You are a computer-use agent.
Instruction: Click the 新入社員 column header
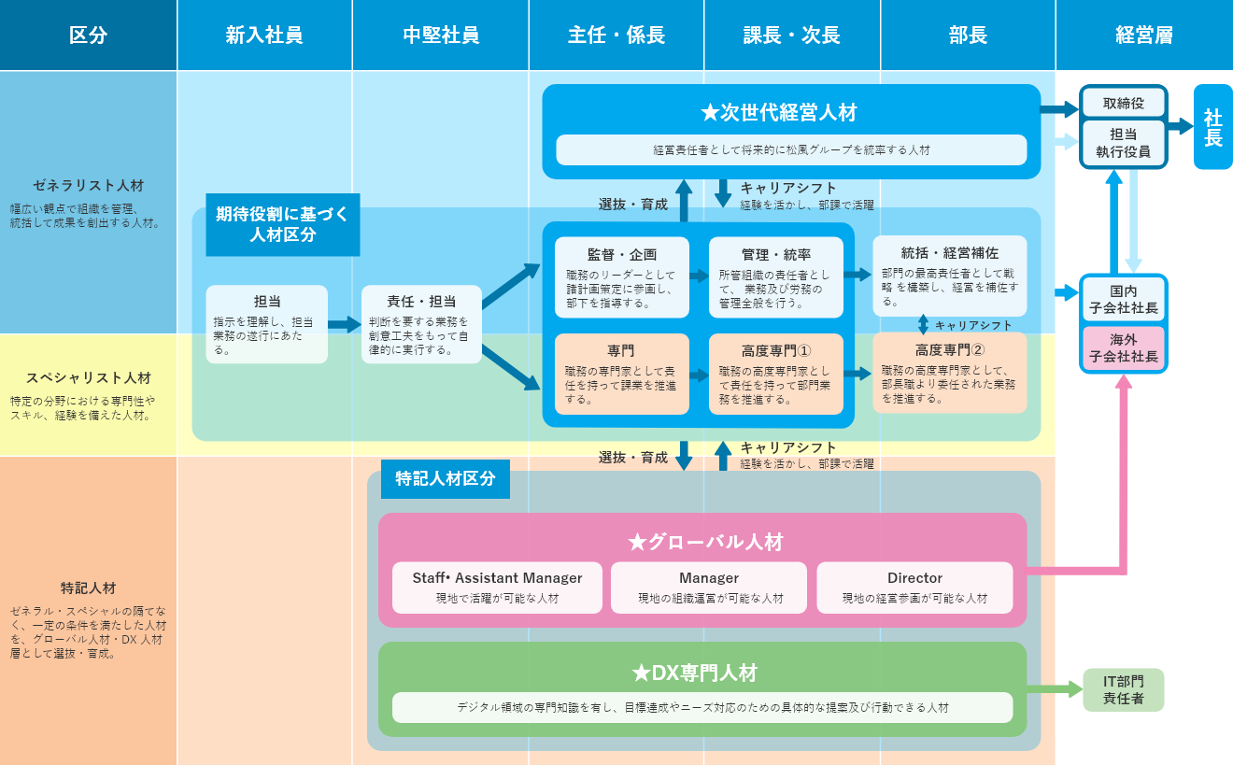pos(264,35)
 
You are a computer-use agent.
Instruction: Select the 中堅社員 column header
pos(441,35)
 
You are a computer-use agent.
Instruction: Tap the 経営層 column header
pos(1144,35)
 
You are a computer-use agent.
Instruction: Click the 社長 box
pos(1212,127)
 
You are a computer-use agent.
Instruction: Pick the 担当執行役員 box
pos(1123,143)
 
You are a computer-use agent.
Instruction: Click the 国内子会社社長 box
pos(1123,300)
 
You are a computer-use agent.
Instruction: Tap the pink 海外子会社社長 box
pos(1123,348)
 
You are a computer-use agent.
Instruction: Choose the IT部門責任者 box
pos(1123,689)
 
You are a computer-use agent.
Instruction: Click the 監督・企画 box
pos(622,277)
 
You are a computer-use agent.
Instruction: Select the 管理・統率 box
pos(776,277)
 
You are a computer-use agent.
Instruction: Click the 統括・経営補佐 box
pos(949,276)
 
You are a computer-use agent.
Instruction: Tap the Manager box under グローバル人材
pos(709,588)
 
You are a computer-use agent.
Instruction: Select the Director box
pos(914,588)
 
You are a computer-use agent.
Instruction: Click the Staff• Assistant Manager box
pos(497,588)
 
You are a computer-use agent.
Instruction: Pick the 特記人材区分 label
pos(445,478)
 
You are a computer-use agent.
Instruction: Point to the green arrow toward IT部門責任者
pos(1054,690)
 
